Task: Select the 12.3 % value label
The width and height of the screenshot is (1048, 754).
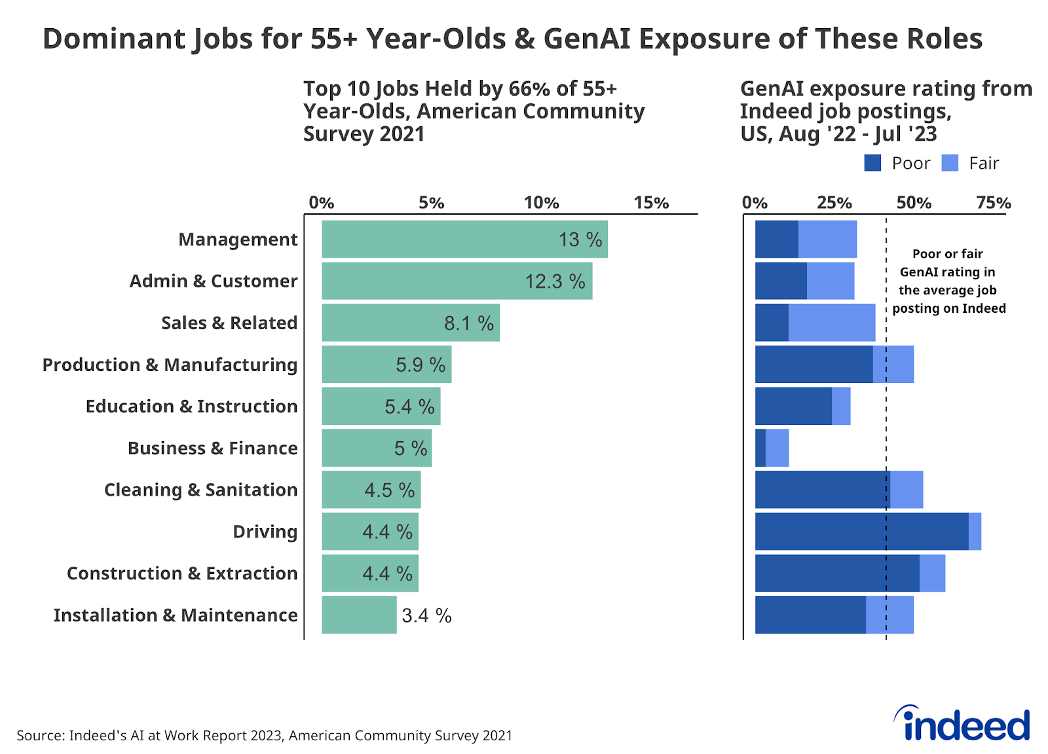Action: point(555,281)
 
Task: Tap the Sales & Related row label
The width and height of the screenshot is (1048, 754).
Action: point(229,323)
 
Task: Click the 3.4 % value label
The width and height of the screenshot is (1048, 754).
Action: point(426,615)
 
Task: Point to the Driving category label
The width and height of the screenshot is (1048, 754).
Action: point(265,531)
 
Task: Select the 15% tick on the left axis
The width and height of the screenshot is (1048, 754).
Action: point(651,202)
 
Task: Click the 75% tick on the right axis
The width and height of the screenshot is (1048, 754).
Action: point(993,202)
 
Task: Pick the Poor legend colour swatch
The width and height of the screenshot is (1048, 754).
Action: point(872,163)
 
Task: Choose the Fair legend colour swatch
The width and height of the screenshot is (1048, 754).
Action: point(950,163)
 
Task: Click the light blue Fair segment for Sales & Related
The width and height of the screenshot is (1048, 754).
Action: point(832,322)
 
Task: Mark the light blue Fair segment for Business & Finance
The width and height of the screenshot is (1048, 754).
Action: point(777,448)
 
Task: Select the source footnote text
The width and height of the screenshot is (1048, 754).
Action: point(264,735)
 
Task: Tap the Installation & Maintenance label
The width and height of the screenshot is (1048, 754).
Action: point(176,615)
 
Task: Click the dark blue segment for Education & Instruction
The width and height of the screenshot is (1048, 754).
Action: point(793,406)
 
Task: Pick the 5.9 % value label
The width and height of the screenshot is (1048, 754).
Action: point(420,365)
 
